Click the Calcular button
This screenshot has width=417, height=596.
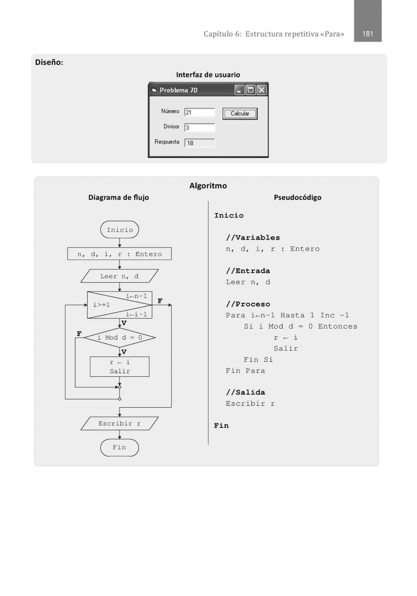[240, 114]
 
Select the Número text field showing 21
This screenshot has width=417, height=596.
[199, 112]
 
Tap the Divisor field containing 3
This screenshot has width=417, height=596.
[199, 128]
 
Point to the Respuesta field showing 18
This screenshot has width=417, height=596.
[199, 143]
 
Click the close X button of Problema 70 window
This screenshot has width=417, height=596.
[261, 90]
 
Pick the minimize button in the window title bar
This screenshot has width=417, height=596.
[239, 90]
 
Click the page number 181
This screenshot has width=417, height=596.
[367, 34]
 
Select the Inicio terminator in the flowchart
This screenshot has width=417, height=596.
[120, 230]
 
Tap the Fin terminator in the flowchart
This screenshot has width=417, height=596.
[120, 447]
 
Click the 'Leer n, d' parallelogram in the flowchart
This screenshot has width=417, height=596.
[120, 276]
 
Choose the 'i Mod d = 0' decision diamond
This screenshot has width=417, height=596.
[120, 338]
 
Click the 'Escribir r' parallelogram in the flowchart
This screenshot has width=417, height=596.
[120, 423]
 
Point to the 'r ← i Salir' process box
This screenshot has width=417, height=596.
[120, 367]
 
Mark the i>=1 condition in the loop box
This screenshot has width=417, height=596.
[102, 305]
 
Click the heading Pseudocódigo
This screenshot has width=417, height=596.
[297, 197]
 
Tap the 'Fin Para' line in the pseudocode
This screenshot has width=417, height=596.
[245, 371]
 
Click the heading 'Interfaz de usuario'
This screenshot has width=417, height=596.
[208, 75]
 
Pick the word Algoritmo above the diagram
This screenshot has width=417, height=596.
[208, 186]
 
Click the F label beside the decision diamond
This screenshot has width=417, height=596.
[79, 333]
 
